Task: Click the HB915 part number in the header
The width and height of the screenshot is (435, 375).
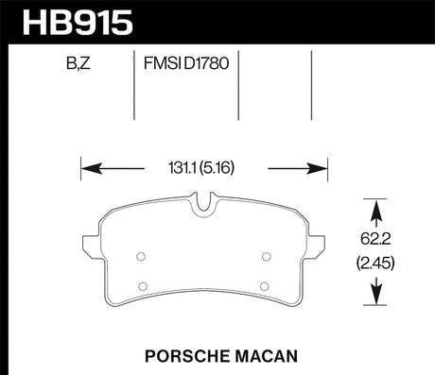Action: tap(78, 22)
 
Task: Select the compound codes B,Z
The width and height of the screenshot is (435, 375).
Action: tap(78, 63)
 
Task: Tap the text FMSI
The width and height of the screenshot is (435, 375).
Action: tap(163, 63)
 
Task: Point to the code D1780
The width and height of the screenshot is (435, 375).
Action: tap(206, 63)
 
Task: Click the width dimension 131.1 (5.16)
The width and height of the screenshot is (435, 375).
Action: tap(201, 168)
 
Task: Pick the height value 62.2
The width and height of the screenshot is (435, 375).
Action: tap(375, 239)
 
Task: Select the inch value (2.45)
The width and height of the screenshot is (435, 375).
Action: tap(375, 263)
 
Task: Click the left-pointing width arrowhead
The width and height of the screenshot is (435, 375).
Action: tap(92, 168)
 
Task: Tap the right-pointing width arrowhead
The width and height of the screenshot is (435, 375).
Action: tap(318, 168)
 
